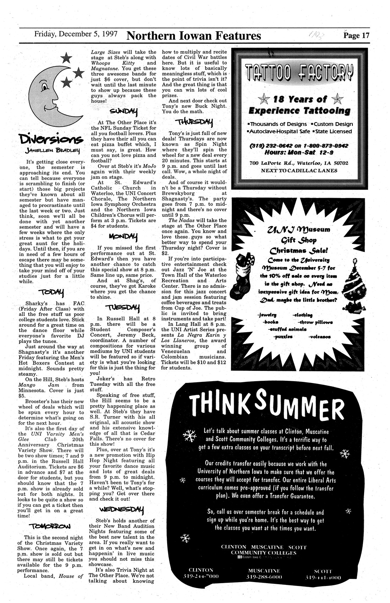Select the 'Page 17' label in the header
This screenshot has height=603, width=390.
pos(356,35)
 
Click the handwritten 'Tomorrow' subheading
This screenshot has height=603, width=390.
pos(52,526)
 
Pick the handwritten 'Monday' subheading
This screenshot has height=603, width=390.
pos(123,236)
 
